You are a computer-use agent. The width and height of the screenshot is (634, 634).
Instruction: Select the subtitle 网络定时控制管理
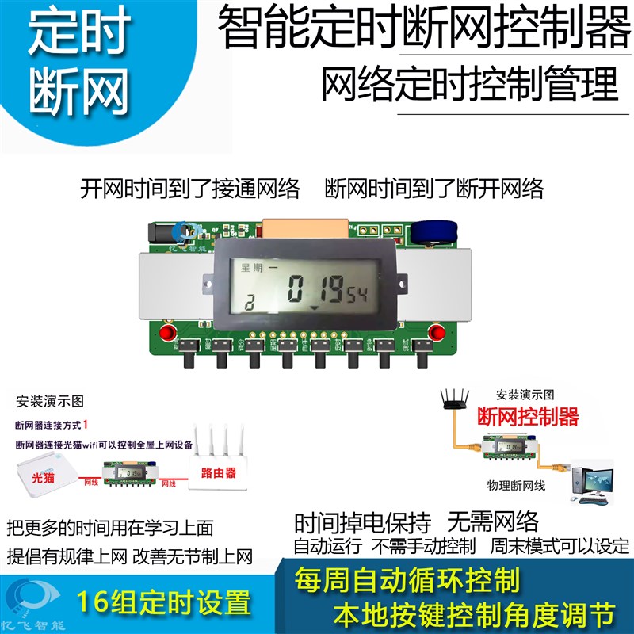pos(469,85)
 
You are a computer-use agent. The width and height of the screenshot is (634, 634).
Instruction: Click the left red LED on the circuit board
pos(167,330)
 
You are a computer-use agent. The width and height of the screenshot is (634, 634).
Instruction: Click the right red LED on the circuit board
pos(434,330)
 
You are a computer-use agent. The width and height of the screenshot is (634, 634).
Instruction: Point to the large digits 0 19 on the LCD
pos(314,289)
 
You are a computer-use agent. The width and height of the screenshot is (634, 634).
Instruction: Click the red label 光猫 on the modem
pos(44,479)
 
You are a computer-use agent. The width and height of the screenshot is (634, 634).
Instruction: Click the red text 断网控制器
pos(527,416)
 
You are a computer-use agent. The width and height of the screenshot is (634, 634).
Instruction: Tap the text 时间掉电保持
pos(363,522)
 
